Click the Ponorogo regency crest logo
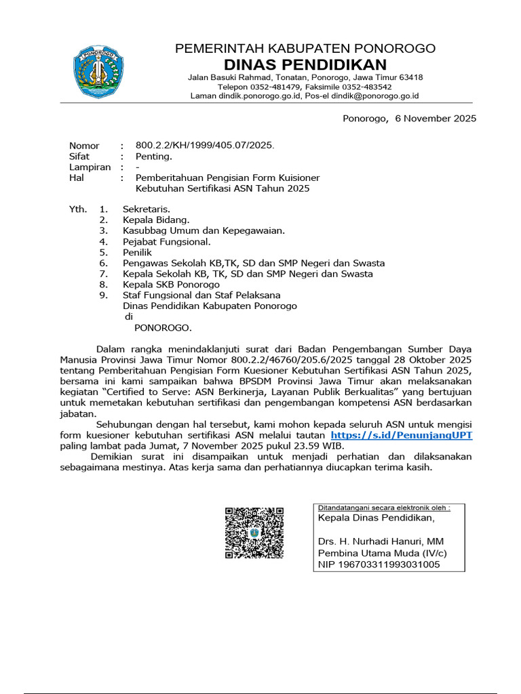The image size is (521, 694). click(99, 72)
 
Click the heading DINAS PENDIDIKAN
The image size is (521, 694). click(305, 65)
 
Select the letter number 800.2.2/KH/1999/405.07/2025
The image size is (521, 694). click(205, 146)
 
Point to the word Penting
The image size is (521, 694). click(154, 157)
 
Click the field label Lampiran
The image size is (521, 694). click(90, 167)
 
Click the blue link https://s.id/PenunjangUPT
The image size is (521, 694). click(401, 435)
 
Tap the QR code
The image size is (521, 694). click(254, 532)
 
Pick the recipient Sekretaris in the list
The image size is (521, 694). click(147, 209)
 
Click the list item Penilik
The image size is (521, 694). click(138, 252)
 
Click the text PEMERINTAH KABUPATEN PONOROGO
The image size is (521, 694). click(305, 49)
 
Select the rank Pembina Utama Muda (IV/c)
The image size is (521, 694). click(383, 552)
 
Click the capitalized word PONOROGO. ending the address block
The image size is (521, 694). click(163, 328)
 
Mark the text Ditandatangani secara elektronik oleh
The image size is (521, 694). click(384, 507)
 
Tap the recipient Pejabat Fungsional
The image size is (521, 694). click(167, 241)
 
